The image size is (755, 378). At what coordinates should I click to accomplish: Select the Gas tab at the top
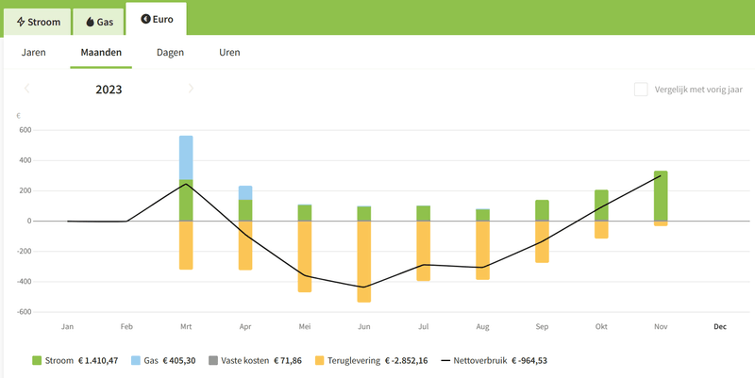(98, 20)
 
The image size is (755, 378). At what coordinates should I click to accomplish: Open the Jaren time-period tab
(33, 53)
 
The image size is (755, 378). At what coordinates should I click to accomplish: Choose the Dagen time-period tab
(170, 53)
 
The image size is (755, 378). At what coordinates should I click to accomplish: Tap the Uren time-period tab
(229, 53)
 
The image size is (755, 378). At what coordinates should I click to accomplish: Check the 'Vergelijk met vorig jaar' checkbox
(641, 90)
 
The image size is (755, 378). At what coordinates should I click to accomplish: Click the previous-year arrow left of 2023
(27, 89)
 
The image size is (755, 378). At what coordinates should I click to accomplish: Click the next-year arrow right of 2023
(191, 89)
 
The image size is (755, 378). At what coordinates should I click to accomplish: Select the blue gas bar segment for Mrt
(186, 157)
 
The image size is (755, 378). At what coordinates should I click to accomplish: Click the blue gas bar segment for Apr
(245, 192)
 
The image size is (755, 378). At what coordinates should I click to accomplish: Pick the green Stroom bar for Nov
(661, 195)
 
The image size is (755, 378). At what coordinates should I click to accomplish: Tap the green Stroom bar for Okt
(601, 205)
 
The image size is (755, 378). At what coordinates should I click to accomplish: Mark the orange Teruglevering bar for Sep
(542, 241)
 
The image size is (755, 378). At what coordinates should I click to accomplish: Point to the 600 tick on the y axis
(25, 130)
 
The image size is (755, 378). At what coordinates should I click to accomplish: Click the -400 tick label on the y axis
(24, 281)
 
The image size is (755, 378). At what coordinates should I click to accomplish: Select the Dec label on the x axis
(720, 327)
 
